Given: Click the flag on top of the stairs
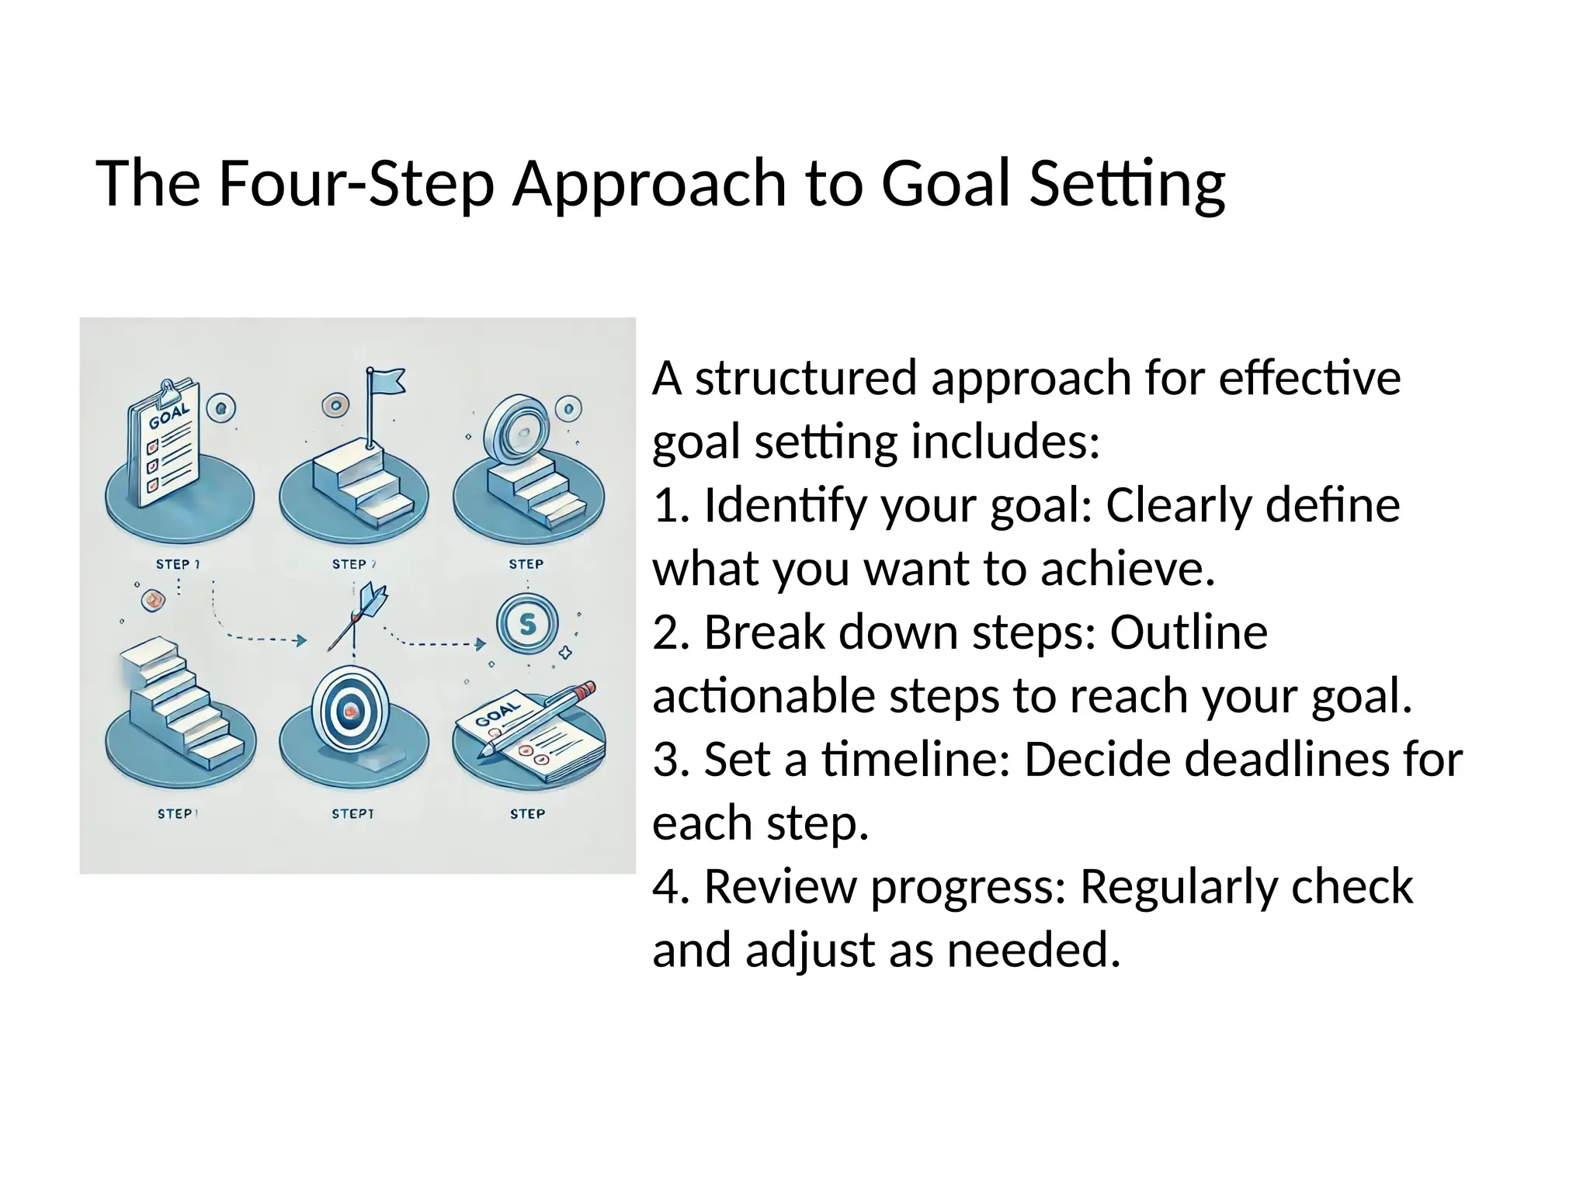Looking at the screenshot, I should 386,383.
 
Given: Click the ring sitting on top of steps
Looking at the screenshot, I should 513,428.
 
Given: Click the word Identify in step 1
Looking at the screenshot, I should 783,505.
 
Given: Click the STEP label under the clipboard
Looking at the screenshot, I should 177,564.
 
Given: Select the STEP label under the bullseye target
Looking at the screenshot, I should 352,813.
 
